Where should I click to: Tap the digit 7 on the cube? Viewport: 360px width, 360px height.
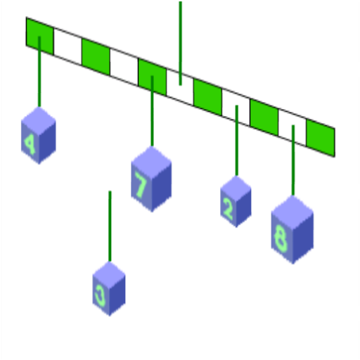tap(141, 184)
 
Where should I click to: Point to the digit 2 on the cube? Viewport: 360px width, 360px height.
tap(228, 208)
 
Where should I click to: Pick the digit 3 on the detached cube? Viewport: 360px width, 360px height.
tap(101, 297)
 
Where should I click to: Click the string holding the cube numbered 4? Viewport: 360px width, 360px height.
tap(39, 72)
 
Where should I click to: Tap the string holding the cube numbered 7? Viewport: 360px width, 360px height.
tap(153, 111)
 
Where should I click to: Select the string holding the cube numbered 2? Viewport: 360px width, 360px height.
tap(237, 141)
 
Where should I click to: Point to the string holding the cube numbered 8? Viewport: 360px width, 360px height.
tap(293, 160)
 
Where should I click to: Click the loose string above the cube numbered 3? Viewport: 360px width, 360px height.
tap(110, 226)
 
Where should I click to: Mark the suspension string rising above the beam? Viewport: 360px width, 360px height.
tap(180, 44)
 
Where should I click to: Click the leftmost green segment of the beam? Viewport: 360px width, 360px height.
tap(40, 36)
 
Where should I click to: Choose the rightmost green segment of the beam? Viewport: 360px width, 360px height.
tap(321, 138)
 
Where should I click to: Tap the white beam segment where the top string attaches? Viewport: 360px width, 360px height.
tap(180, 87)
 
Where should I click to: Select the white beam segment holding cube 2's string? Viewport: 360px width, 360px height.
tap(236, 108)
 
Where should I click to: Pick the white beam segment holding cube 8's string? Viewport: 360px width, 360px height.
tap(292, 128)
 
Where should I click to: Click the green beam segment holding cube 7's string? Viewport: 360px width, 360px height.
tap(153, 77)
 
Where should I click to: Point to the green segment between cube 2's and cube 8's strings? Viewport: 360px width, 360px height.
tap(264, 117)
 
